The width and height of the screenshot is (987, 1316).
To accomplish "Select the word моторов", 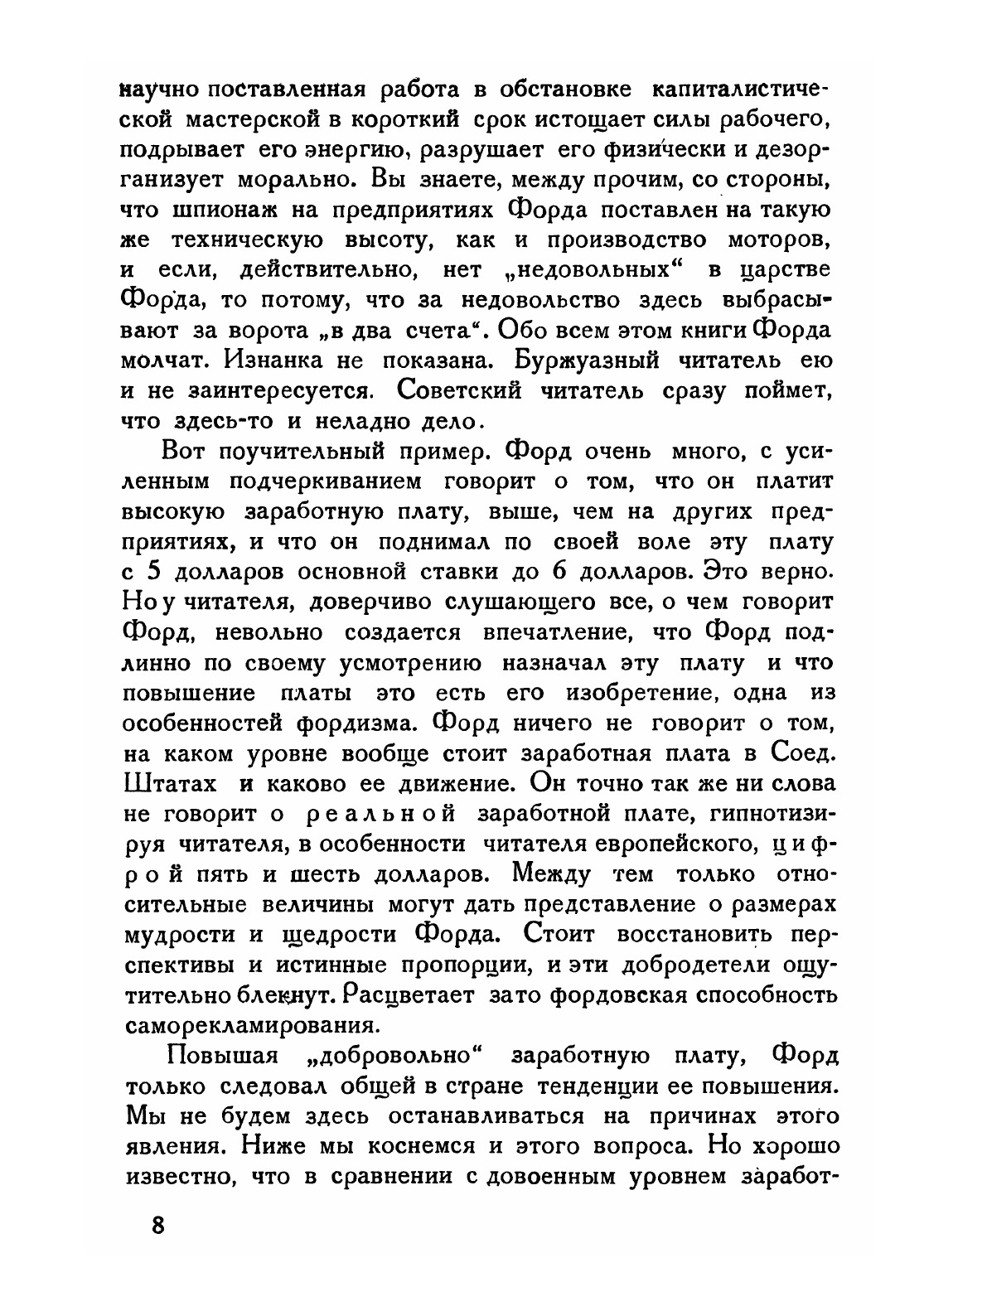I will click(x=779, y=241).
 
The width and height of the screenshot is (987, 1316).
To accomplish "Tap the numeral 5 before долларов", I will click(x=152, y=571).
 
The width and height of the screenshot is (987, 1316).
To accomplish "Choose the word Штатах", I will click(x=169, y=783).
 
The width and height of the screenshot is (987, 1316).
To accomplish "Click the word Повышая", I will click(x=216, y=1056).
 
